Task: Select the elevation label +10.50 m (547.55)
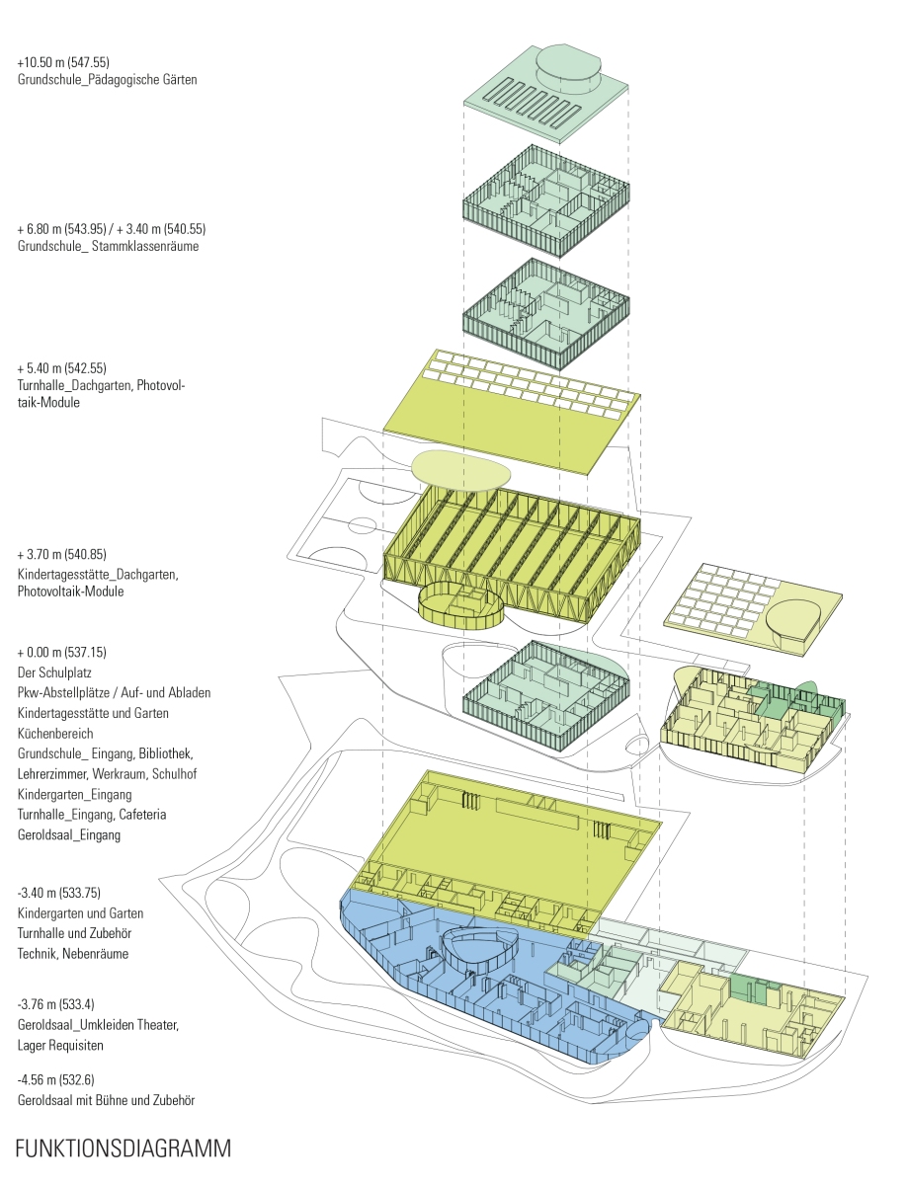click(x=63, y=62)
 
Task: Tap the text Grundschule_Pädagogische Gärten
click(x=107, y=80)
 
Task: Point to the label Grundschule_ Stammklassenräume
click(x=108, y=246)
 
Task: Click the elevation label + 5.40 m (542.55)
click(x=61, y=368)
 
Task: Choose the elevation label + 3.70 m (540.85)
click(x=61, y=554)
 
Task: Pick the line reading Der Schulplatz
click(x=54, y=672)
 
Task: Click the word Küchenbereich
click(x=55, y=734)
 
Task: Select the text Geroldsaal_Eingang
click(x=68, y=834)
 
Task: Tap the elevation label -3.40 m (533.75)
click(x=59, y=893)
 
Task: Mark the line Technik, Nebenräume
click(x=73, y=953)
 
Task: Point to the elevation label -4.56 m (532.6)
click(x=55, y=1079)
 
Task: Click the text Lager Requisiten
click(x=60, y=1045)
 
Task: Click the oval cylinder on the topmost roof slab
click(x=568, y=69)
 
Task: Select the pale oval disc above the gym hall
click(x=460, y=471)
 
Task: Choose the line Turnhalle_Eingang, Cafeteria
click(x=92, y=814)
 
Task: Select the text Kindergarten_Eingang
click(x=74, y=795)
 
